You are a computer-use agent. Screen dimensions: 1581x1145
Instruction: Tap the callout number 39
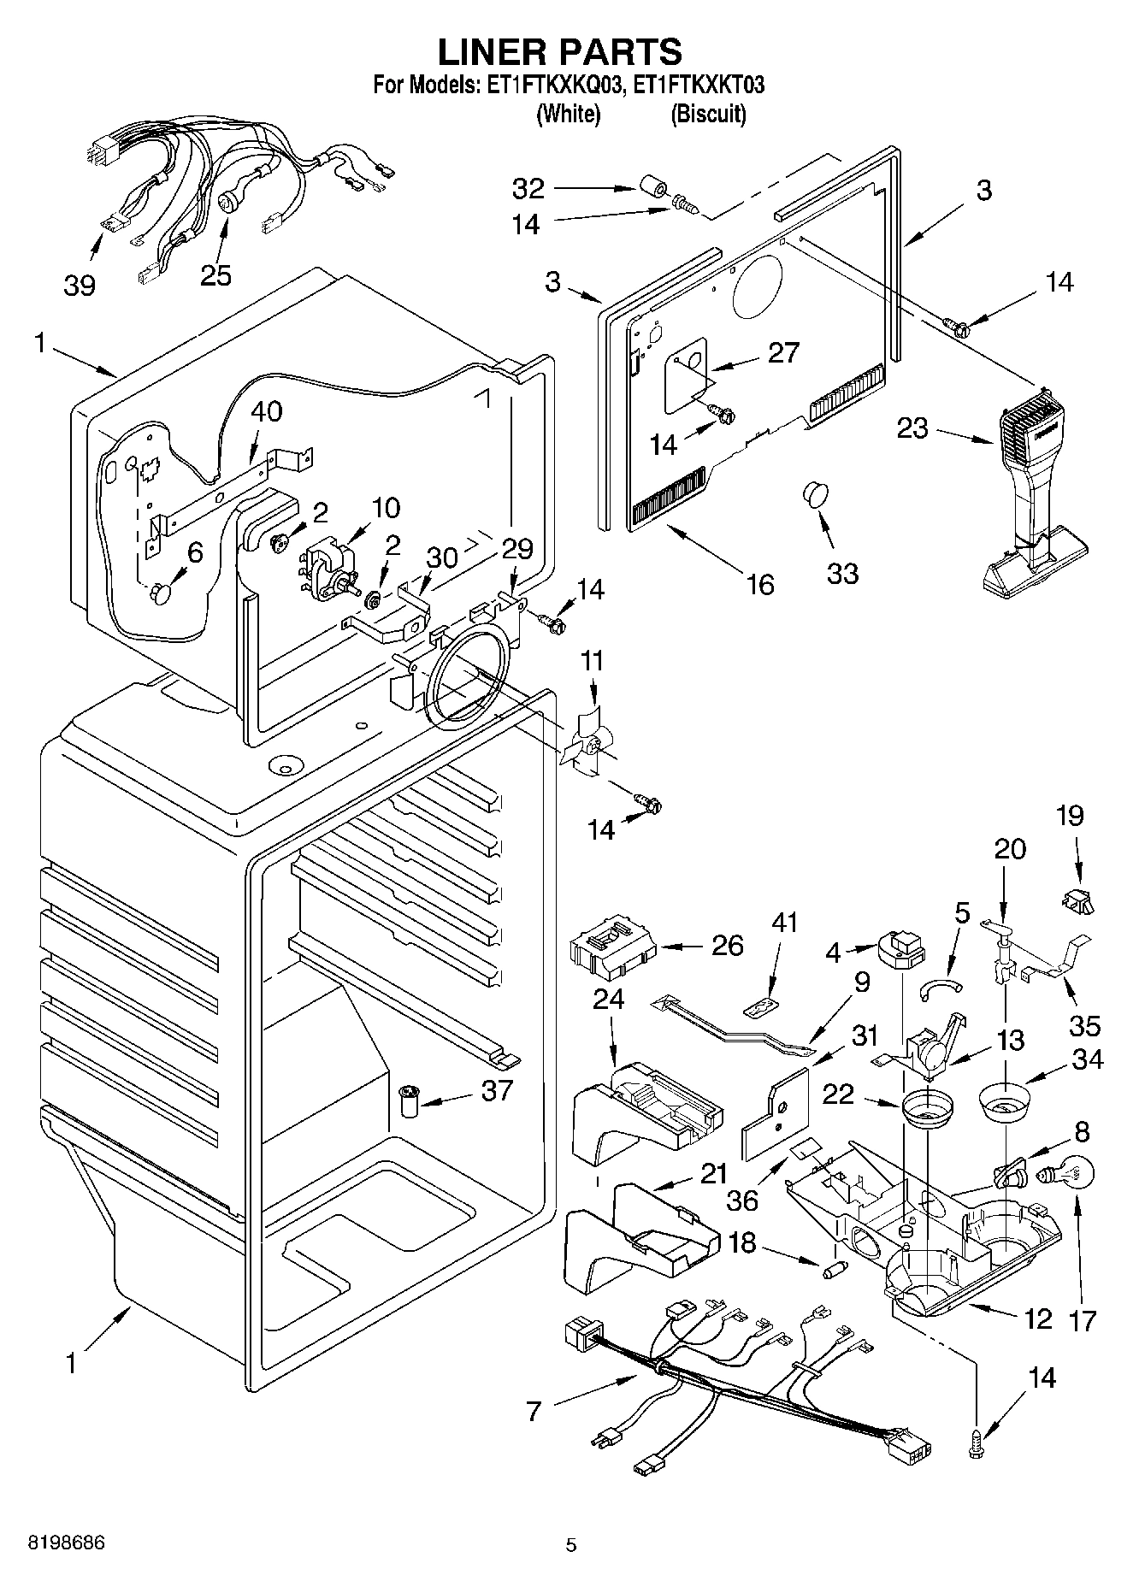point(80,285)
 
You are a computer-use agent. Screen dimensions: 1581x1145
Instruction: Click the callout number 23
point(912,428)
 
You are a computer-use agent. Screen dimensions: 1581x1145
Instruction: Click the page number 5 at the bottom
point(571,1545)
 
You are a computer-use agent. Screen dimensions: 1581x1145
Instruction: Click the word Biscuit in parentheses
point(708,114)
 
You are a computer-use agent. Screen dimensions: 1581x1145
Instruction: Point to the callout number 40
point(266,411)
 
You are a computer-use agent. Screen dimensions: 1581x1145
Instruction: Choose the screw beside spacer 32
point(684,205)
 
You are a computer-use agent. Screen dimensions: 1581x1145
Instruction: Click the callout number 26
point(728,946)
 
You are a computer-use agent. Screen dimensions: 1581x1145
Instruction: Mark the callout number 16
point(759,584)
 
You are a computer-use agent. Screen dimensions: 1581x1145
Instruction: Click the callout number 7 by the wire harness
point(534,1410)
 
